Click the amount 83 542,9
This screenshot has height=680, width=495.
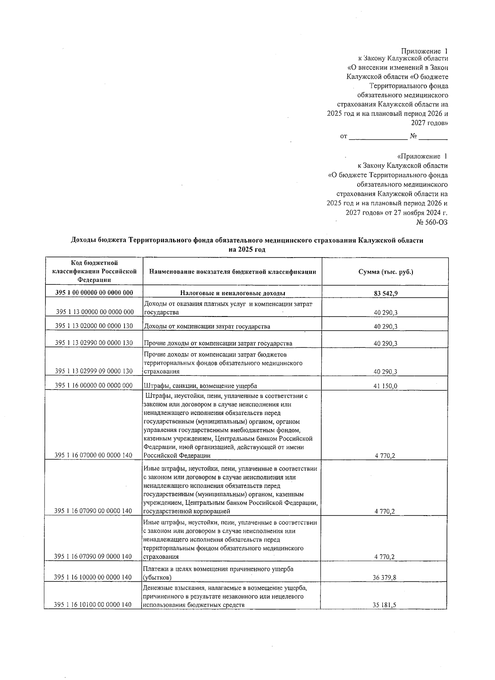click(x=385, y=293)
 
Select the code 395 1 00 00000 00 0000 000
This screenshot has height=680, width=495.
click(x=94, y=293)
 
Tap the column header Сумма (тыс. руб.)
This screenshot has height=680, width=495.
click(x=385, y=272)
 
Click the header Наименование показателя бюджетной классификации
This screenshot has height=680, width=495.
click(x=233, y=272)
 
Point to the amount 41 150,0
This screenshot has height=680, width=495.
click(x=385, y=386)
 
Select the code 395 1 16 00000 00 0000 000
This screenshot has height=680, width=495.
click(x=94, y=385)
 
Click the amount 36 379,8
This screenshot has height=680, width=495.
click(x=385, y=577)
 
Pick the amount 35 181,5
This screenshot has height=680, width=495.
click(x=385, y=605)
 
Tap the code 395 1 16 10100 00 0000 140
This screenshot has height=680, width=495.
click(x=93, y=605)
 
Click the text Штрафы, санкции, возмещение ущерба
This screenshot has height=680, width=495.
click(x=200, y=386)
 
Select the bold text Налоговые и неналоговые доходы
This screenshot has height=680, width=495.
click(x=232, y=293)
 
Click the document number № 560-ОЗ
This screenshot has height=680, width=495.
click(x=432, y=222)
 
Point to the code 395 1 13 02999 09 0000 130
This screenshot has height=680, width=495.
click(x=94, y=371)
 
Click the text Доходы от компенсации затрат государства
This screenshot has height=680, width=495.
click(x=207, y=326)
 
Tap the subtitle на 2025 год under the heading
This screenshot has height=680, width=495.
click(x=247, y=249)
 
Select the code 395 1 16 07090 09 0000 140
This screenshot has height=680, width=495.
click(x=93, y=556)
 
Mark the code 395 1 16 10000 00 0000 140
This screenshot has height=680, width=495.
click(x=93, y=577)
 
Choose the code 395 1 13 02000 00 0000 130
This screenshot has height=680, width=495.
click(x=94, y=326)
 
